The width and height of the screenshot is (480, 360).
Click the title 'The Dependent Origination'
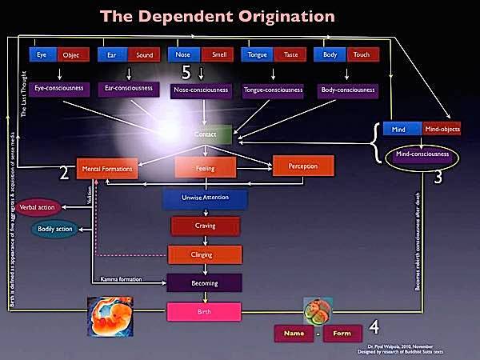[x=239, y=16]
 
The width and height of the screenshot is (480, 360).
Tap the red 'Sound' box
[x=145, y=55]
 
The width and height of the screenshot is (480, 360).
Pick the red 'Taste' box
[x=290, y=55]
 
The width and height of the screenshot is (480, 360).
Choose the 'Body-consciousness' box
[x=347, y=91]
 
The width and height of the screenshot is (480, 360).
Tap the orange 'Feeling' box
[x=206, y=169]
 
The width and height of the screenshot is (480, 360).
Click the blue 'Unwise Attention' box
[x=206, y=198]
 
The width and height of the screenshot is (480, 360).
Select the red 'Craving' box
[x=206, y=227]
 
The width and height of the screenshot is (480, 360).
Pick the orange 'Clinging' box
[x=206, y=254]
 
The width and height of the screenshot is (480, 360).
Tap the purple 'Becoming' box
[x=205, y=282]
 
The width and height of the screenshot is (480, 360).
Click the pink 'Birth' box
[x=205, y=311]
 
